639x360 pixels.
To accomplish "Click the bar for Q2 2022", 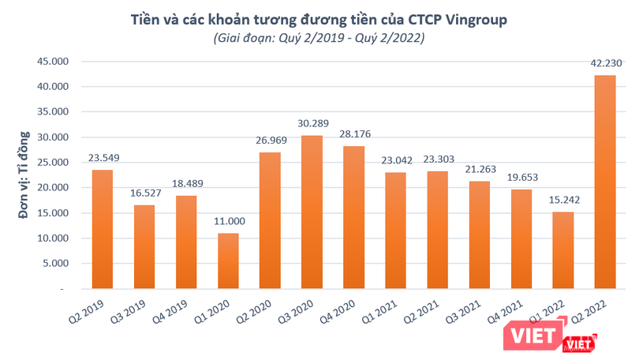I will click(x=605, y=182).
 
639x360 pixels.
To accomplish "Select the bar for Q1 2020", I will click(x=229, y=261).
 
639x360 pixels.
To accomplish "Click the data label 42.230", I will click(x=605, y=63).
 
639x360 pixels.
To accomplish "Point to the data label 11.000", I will click(x=229, y=222).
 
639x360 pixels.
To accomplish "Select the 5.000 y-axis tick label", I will click(x=57, y=264).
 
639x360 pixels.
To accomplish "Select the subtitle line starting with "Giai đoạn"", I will click(x=319, y=38).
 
